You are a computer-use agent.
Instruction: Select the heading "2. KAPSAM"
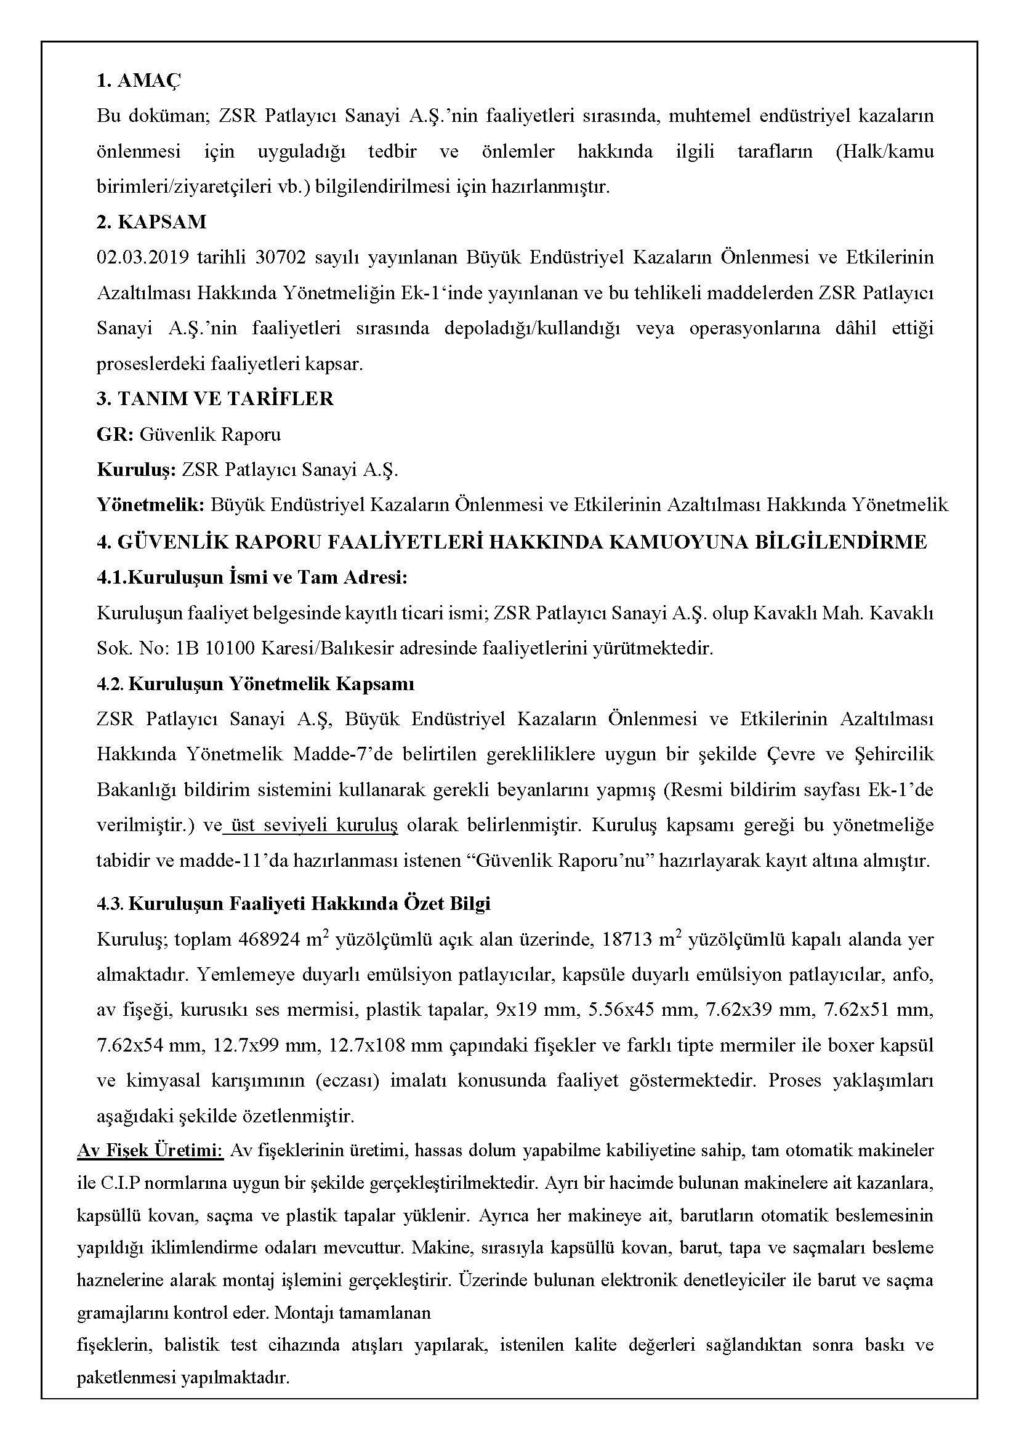pyautogui.click(x=151, y=222)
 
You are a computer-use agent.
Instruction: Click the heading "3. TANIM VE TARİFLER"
pyautogui.click(x=215, y=398)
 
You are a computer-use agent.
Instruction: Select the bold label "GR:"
pyautogui.click(x=115, y=434)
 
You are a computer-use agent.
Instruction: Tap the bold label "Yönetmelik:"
pyautogui.click(x=151, y=505)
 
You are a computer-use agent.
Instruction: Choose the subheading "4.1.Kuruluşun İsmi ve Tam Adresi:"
pyautogui.click(x=252, y=577)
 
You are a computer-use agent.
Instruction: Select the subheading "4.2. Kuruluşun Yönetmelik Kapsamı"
pyautogui.click(x=256, y=683)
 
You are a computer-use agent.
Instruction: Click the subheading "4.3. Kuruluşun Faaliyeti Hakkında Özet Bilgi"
pyautogui.click(x=293, y=904)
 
